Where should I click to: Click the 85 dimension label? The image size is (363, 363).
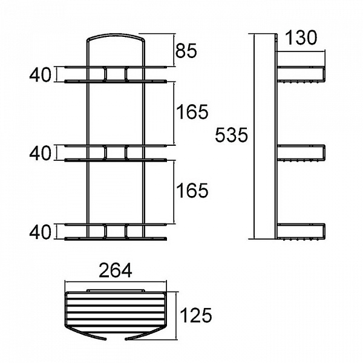click(x=186, y=51)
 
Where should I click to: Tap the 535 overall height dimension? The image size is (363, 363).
click(x=232, y=135)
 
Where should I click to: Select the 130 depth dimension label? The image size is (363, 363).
click(x=301, y=38)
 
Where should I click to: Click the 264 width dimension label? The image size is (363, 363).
click(x=116, y=270)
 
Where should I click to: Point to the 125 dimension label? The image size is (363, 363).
click(x=195, y=315)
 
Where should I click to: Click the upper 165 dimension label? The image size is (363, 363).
click(x=192, y=112)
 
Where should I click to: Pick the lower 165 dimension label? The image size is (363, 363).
click(x=192, y=191)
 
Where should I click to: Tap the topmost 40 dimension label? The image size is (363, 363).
click(x=40, y=75)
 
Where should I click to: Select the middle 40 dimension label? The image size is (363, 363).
click(x=40, y=153)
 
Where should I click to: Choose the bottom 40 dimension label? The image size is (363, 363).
click(x=40, y=232)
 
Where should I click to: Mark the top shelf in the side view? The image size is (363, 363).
click(x=301, y=74)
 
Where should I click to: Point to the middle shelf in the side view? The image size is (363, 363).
click(x=301, y=153)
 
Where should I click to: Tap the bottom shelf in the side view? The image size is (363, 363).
click(x=301, y=232)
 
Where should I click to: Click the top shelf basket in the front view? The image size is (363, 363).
click(x=116, y=74)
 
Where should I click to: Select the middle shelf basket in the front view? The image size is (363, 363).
click(x=116, y=153)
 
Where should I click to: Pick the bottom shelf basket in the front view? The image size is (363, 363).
click(x=116, y=232)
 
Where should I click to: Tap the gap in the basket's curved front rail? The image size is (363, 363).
click(x=116, y=339)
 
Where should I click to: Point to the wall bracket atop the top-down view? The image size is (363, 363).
click(x=116, y=290)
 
